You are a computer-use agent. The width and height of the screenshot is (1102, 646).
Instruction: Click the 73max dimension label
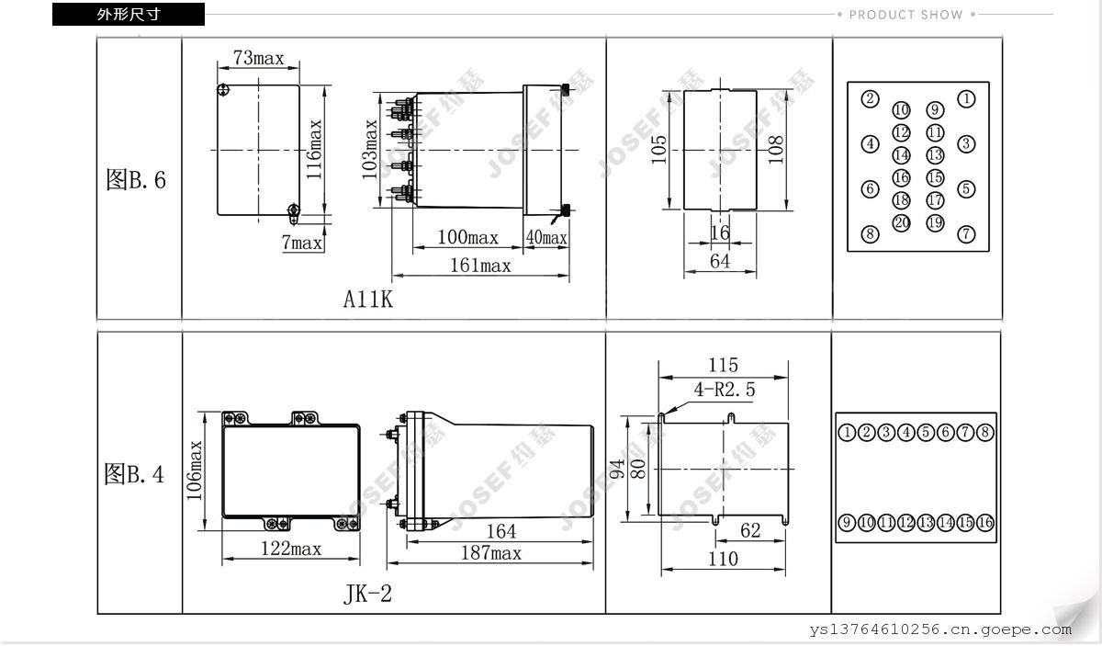tap(259, 58)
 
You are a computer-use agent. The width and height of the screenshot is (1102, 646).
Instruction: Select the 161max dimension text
tap(480, 266)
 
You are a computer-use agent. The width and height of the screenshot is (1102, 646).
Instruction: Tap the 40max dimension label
tap(546, 238)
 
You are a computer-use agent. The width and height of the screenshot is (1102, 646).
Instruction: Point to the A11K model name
tap(368, 299)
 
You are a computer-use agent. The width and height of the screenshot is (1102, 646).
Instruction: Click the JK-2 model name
tap(368, 594)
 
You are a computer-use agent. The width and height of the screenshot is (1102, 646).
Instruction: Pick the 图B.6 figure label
tap(136, 180)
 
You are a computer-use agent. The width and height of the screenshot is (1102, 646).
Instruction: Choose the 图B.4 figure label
tap(134, 474)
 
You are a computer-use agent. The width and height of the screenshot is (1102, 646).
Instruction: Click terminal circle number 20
tap(901, 223)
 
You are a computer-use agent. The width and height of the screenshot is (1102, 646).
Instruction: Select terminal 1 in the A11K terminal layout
tap(966, 99)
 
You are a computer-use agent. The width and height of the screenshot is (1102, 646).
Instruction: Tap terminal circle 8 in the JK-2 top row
tap(984, 432)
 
